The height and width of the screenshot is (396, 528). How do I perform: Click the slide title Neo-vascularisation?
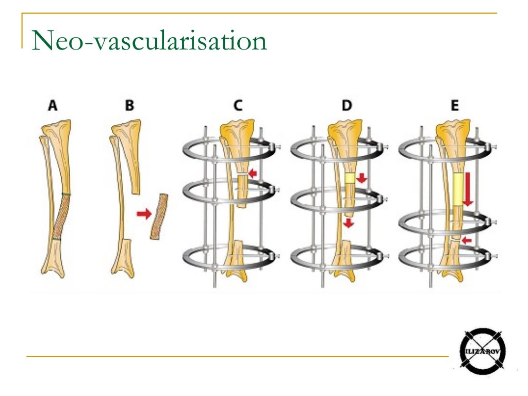click(149, 40)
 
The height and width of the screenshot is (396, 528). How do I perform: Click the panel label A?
click(53, 105)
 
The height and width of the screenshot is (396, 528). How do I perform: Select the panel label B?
click(129, 105)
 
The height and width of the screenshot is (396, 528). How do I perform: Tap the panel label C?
click(238, 105)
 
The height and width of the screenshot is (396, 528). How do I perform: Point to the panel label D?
click(347, 105)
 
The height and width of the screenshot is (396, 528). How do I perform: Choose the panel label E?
click(455, 105)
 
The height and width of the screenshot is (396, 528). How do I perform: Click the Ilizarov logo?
click(483, 352)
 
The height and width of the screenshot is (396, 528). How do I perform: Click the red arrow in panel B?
click(144, 213)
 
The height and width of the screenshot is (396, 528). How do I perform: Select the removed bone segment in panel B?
click(159, 217)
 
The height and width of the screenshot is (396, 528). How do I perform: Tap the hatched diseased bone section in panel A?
click(62, 217)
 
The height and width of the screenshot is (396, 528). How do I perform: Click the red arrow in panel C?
click(252, 173)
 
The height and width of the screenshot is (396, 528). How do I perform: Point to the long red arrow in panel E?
click(468, 189)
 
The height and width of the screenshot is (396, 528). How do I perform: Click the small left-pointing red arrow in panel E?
click(466, 240)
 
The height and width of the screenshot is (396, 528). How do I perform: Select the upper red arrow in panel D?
click(361, 178)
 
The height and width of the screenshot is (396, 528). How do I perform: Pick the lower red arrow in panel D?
click(349, 223)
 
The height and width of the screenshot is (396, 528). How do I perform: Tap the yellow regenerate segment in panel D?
click(350, 178)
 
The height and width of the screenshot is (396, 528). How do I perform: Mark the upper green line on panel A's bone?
click(67, 194)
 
